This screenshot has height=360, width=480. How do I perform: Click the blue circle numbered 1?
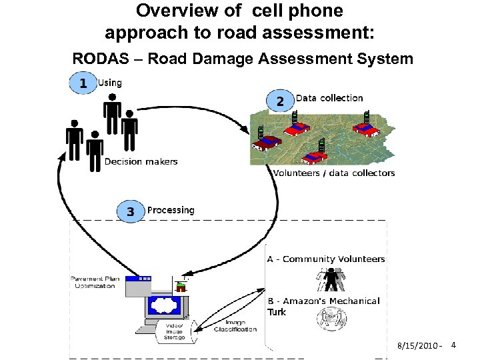(83, 83)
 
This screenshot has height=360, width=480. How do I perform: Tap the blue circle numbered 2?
(279, 101)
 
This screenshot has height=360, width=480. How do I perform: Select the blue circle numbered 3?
(130, 211)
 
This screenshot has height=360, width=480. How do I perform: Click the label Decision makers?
(141, 161)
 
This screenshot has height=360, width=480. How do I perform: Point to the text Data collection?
(329, 98)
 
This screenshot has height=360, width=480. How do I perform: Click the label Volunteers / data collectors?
(333, 173)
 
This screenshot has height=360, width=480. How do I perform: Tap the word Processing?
(171, 210)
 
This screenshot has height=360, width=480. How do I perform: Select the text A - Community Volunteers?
(326, 259)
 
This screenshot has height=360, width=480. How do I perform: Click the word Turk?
(277, 312)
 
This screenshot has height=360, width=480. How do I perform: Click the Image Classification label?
(235, 326)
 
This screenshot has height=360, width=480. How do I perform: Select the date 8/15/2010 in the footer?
(418, 346)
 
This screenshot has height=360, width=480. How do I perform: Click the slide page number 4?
(453, 345)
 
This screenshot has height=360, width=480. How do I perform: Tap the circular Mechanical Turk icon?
(331, 319)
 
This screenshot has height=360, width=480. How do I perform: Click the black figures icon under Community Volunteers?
(331, 279)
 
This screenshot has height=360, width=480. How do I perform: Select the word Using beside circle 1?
(110, 83)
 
